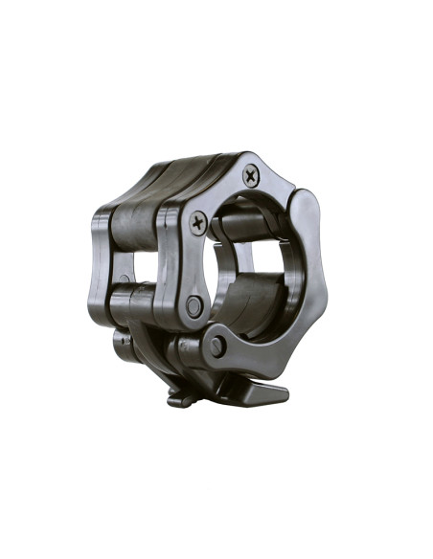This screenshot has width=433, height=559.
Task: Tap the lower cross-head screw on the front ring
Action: click(198, 223)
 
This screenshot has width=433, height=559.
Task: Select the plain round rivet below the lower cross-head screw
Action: click(194, 306)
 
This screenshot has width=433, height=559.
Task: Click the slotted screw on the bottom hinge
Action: click(217, 347)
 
